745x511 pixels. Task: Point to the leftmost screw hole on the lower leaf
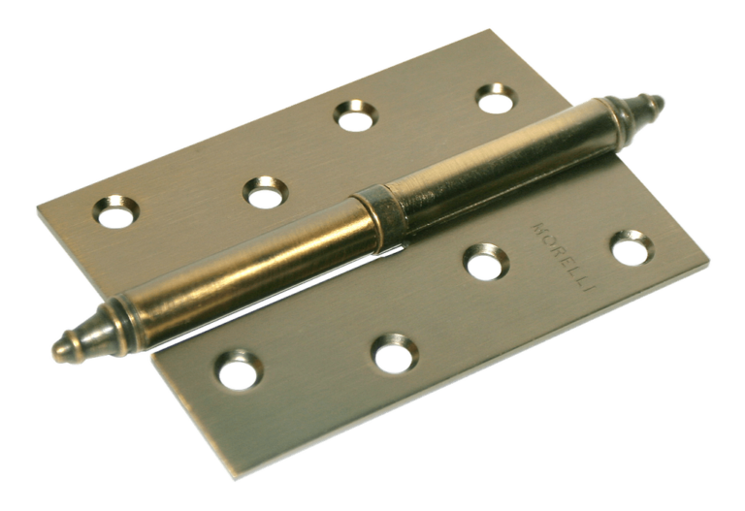click(238, 368)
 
